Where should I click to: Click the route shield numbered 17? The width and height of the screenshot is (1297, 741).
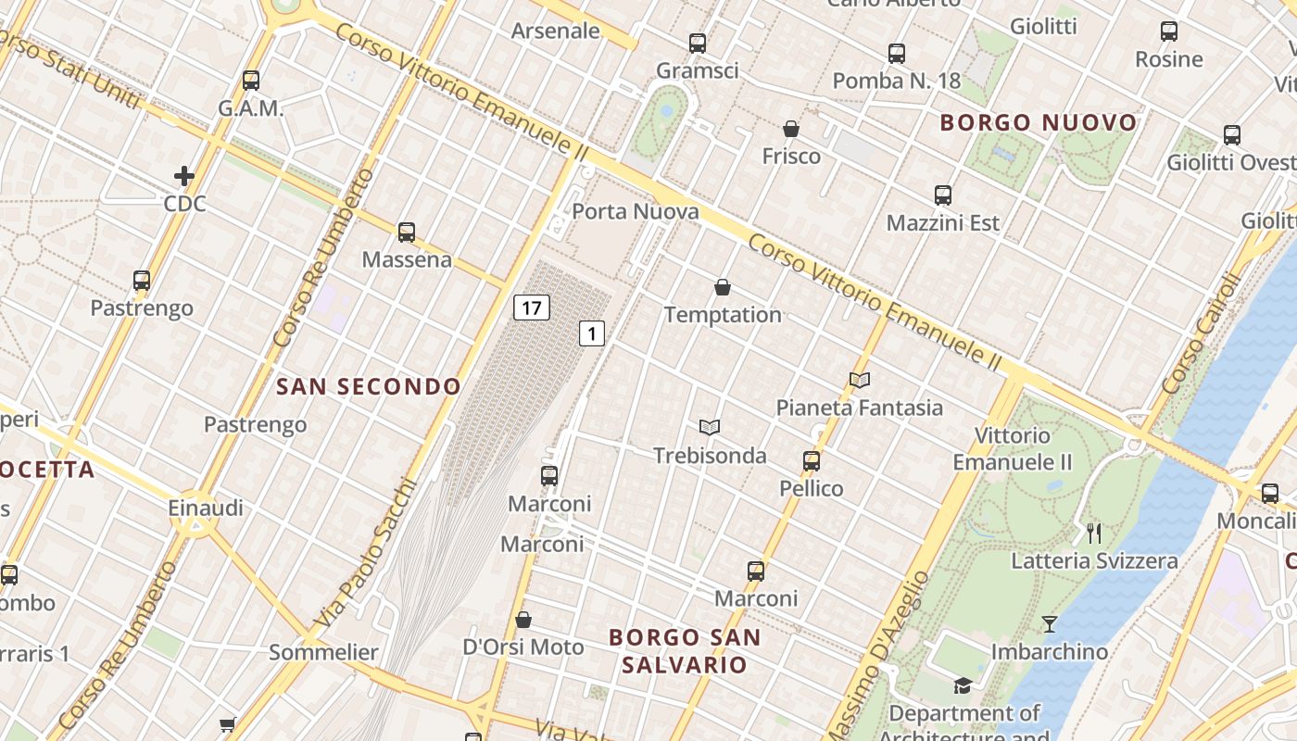[532, 308]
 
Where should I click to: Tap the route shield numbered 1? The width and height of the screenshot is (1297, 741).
[592, 333]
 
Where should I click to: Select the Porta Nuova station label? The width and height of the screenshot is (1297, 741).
[636, 211]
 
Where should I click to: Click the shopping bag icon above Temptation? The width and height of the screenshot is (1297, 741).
[723, 288]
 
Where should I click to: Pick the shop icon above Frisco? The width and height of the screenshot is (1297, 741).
[791, 129]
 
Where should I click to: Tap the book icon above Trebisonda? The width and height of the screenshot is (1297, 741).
[710, 427]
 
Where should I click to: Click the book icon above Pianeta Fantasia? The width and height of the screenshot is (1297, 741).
[860, 380]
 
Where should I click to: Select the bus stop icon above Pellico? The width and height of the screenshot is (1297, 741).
[812, 460]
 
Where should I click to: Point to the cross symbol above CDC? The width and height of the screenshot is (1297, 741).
[184, 175]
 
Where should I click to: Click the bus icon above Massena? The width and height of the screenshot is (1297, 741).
[407, 232]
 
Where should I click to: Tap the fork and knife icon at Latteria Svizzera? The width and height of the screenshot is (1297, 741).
[1094, 533]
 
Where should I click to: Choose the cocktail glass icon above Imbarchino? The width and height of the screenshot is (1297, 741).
[1049, 624]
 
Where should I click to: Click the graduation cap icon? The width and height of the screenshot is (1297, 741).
[963, 685]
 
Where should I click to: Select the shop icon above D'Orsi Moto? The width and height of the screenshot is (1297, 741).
[523, 619]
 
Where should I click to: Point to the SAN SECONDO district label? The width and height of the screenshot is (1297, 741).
[369, 386]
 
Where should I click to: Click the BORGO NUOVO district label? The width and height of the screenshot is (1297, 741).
[1039, 122]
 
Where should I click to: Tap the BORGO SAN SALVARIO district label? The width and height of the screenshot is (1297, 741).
[685, 651]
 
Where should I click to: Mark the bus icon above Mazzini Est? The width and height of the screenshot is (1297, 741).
[943, 195]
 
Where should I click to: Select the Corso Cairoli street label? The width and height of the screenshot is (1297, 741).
[1202, 333]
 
